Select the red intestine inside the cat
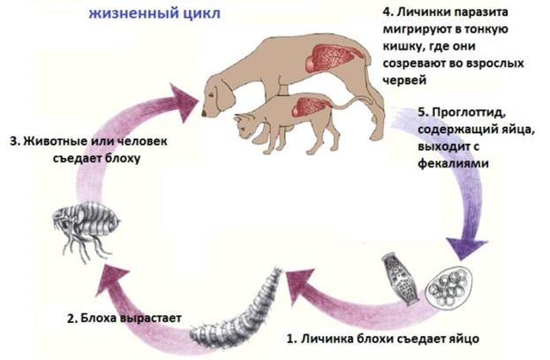(309, 109)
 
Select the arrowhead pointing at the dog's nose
(185, 102)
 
